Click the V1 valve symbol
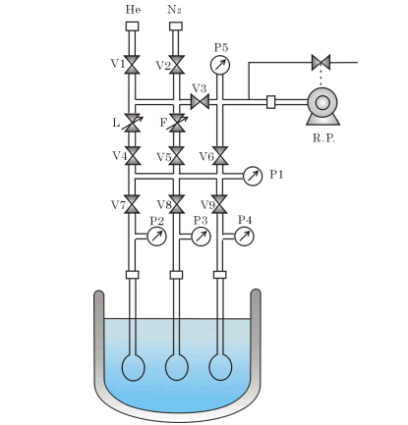point(133,65)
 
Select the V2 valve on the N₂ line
point(176,65)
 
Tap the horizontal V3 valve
point(200,102)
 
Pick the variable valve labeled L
point(133,123)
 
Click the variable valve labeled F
point(177,123)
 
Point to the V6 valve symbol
point(220,156)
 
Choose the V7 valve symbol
point(133,204)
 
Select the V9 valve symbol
point(220,204)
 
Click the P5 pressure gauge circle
point(220,65)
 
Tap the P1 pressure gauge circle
point(253,176)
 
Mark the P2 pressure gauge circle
point(157,237)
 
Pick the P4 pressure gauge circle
point(244,237)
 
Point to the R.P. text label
point(323,138)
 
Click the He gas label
point(133,10)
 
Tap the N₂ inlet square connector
point(176,27)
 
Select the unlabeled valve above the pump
point(321,62)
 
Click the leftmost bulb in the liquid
point(133,367)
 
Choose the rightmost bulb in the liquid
point(220,367)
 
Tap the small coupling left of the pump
point(271,102)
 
